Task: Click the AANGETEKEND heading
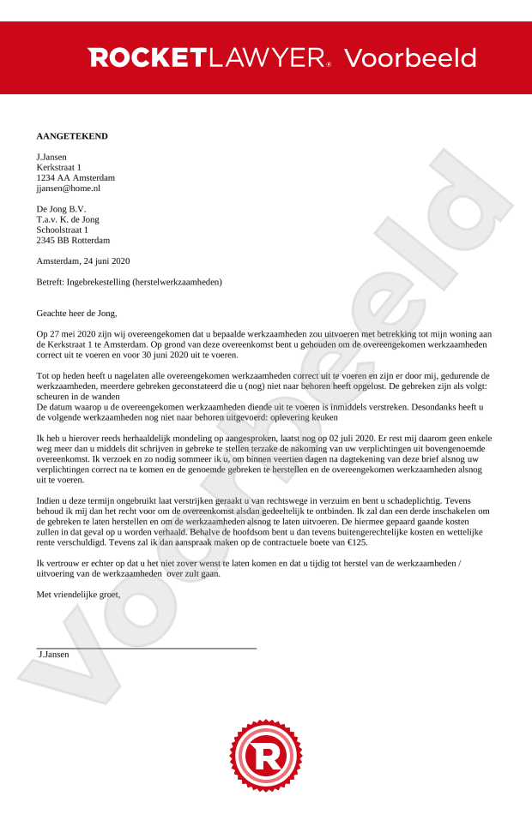tap(72, 136)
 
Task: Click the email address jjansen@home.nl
tap(68, 188)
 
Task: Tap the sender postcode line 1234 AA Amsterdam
tap(76, 177)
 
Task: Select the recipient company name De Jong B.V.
tap(61, 209)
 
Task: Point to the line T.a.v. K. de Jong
tap(68, 219)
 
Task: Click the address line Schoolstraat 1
tap(63, 230)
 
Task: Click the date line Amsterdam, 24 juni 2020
tap(83, 260)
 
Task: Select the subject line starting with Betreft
tap(130, 281)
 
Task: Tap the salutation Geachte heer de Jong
tap(76, 313)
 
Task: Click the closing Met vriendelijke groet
tap(78, 594)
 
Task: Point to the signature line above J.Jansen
tap(146, 649)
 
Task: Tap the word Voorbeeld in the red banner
tap(410, 58)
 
